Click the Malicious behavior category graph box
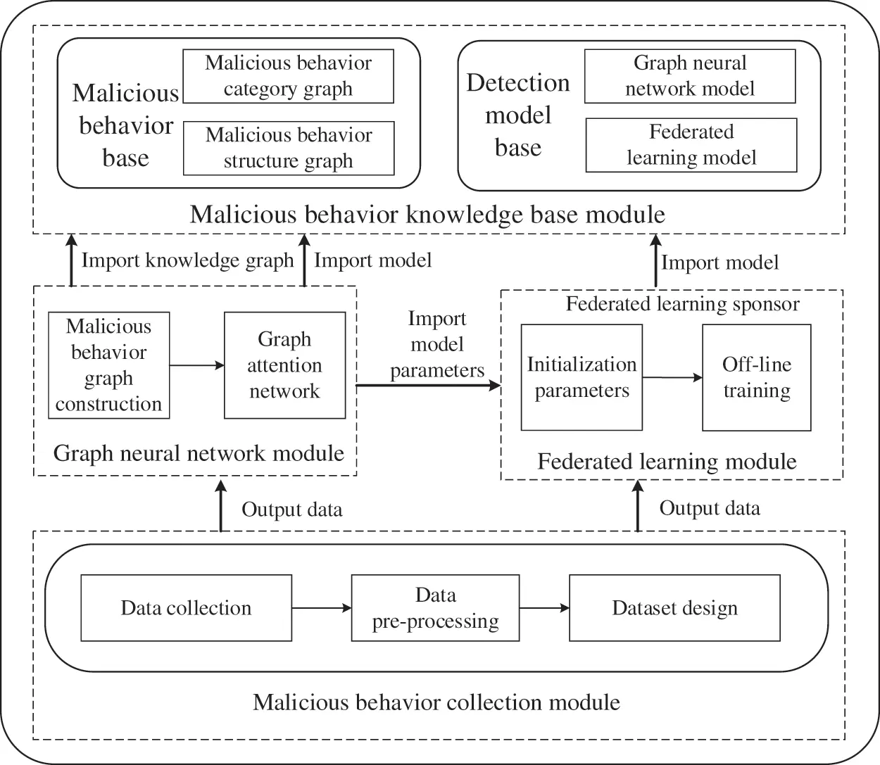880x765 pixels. click(x=288, y=76)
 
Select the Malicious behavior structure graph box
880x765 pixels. click(x=289, y=148)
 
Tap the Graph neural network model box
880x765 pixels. click(x=690, y=76)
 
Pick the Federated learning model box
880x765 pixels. click(x=691, y=145)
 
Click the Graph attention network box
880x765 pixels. click(x=284, y=365)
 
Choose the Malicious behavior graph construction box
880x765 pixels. click(x=108, y=365)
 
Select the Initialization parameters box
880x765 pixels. click(x=582, y=377)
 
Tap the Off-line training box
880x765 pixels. click(x=757, y=377)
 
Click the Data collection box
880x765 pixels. click(x=186, y=608)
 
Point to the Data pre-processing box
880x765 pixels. click(x=435, y=608)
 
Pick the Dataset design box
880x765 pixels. click(x=674, y=608)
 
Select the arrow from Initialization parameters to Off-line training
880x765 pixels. click(x=672, y=378)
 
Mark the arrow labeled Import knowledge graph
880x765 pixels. click(x=71, y=261)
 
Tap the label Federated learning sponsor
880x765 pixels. click(x=683, y=304)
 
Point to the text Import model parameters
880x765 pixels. click(x=437, y=344)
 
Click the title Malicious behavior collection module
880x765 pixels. click(x=436, y=702)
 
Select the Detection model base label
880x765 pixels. click(x=518, y=115)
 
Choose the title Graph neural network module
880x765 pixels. click(x=199, y=453)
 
